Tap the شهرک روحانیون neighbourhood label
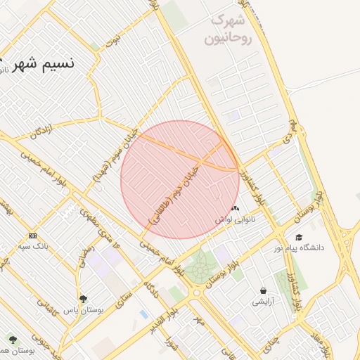[x=227, y=29]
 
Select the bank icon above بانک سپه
[x=32, y=236]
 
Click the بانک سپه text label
[x=32, y=247]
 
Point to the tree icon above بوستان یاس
[x=84, y=299]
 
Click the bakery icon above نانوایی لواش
[x=235, y=208]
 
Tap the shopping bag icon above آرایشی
[x=263, y=290]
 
